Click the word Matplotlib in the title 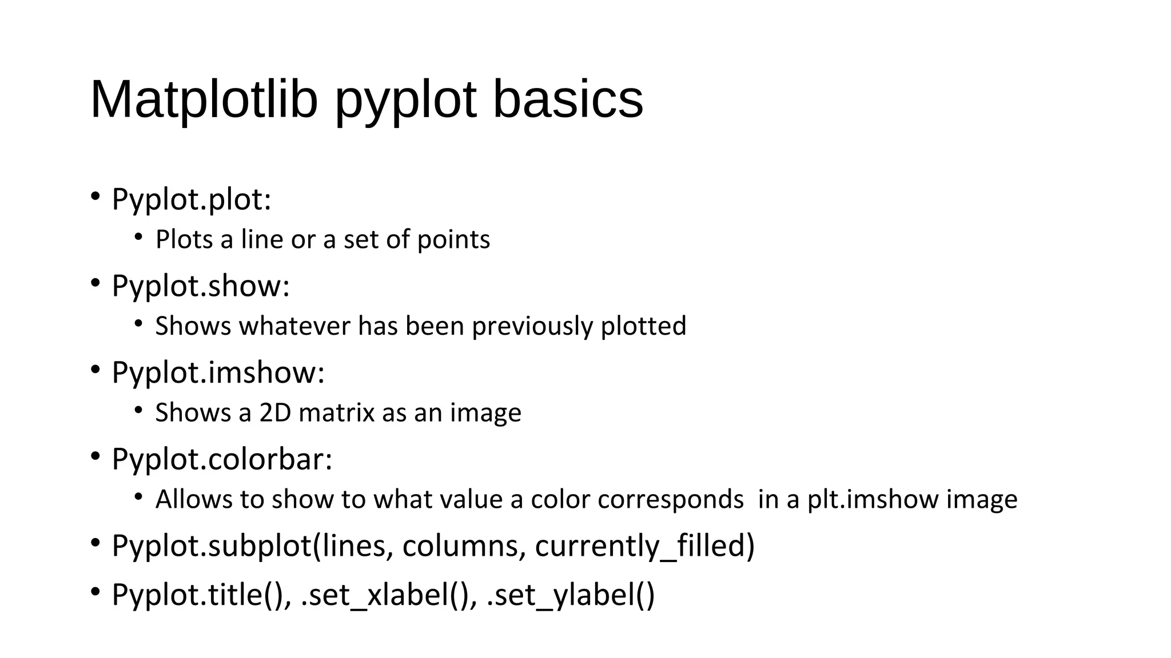click(x=204, y=99)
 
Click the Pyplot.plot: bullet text click(x=191, y=200)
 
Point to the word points click(x=453, y=240)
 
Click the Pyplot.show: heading click(x=201, y=286)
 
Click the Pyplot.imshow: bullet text click(x=218, y=373)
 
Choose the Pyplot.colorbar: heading click(x=222, y=459)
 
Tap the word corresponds click(x=671, y=500)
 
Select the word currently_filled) click(x=645, y=546)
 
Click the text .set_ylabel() click(x=571, y=595)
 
